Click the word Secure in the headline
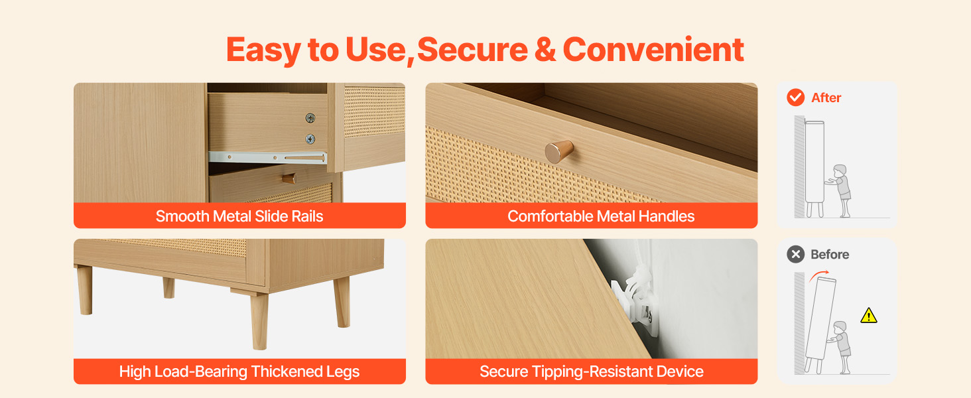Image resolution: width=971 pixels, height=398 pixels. coord(472,50)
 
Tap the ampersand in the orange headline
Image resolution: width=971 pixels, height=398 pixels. coord(545,50)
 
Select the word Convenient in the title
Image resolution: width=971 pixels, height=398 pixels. coord(653,50)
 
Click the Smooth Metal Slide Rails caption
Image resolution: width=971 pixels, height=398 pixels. coord(239,216)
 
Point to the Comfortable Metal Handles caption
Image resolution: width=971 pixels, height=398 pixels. coord(601,216)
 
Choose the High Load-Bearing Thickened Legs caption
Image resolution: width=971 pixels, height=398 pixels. coord(239,371)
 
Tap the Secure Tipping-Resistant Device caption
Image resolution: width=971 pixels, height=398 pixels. coord(591,371)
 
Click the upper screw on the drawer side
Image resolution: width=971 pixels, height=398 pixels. coord(310,117)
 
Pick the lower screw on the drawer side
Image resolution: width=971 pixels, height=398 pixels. coord(310,139)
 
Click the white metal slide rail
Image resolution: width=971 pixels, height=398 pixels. coord(267,157)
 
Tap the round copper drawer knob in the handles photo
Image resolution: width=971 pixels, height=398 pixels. coord(558,151)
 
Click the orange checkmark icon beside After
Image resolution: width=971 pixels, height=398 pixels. coord(795,98)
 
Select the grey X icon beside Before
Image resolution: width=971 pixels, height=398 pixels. coord(795,254)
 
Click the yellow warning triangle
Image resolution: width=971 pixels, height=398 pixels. coord(869,316)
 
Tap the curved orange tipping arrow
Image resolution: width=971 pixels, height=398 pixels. coord(818,275)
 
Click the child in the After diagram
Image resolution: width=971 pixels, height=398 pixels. coord(840,191)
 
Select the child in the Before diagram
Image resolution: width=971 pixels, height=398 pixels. coord(840,348)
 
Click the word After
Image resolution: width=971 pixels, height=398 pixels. coord(826,98)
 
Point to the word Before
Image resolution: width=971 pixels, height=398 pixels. coord(830,254)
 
